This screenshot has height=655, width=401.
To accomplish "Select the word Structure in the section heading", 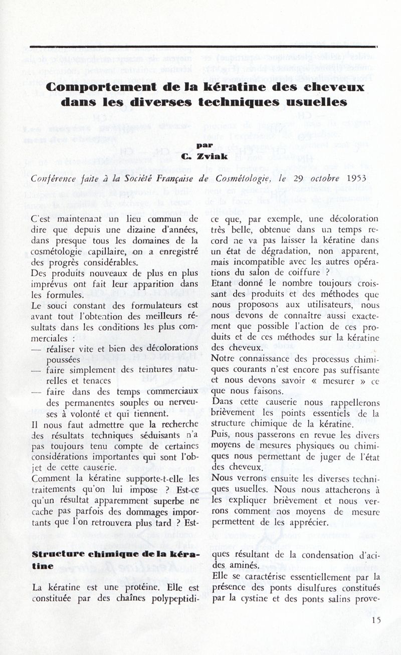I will click(52, 555).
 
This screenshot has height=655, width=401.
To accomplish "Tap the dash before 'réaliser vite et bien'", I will click(36, 349).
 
